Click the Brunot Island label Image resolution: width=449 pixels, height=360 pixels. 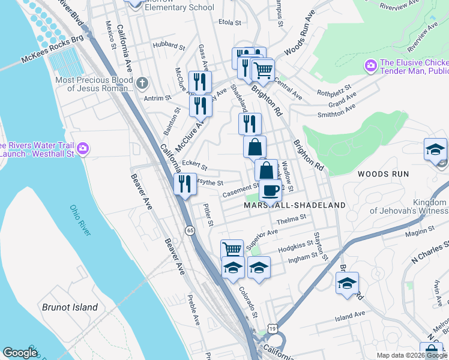click(x=70, y=307)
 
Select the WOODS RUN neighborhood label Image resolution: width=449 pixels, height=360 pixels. click(x=383, y=174)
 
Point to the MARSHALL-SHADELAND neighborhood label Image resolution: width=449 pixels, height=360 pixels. click(x=295, y=205)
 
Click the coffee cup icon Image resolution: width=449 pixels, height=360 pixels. click(x=270, y=191)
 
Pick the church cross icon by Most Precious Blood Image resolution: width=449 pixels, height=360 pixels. click(x=142, y=82)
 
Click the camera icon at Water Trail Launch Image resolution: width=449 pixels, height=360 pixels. click(x=83, y=148)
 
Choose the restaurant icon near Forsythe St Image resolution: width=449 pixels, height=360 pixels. click(x=185, y=183)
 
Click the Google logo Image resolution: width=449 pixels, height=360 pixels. click(x=20, y=353)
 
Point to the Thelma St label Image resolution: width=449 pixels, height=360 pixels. click(x=291, y=220)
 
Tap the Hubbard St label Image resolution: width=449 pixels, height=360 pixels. click(x=169, y=45)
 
